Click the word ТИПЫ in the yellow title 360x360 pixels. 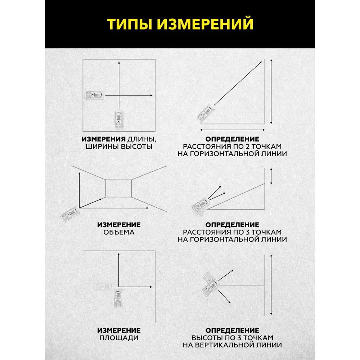click(x=130, y=24)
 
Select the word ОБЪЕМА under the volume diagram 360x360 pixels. click(x=119, y=232)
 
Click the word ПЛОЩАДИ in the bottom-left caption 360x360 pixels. click(x=119, y=338)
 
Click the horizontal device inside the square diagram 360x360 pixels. click(x=94, y=95)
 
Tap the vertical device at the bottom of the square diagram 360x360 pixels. click(x=119, y=120)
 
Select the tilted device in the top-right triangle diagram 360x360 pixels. click(x=205, y=113)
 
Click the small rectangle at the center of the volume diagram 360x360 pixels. click(x=118, y=188)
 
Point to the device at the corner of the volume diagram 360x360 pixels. click(x=70, y=214)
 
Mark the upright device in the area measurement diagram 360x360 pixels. click(x=118, y=298)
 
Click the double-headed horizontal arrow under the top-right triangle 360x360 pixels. click(x=232, y=130)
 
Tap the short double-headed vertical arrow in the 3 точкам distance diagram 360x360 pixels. click(x=271, y=176)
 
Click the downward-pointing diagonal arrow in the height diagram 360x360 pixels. click(x=224, y=296)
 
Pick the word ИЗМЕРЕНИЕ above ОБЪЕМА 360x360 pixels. click(x=119, y=225)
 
